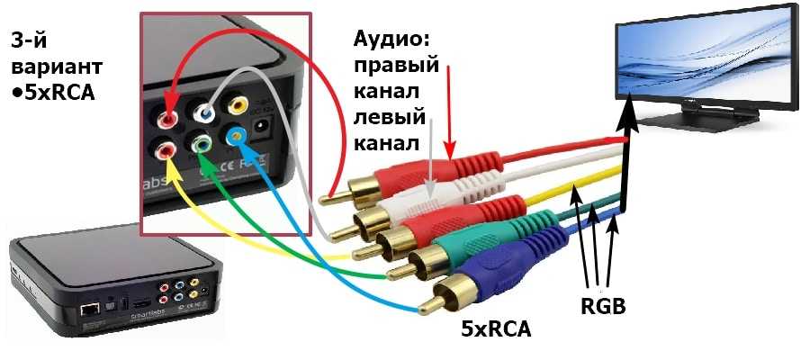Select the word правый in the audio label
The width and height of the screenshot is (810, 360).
point(396,66)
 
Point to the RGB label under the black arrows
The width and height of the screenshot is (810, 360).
point(603,307)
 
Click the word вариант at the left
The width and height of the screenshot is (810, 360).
point(57,67)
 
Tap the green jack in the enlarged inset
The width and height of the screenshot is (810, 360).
point(200,146)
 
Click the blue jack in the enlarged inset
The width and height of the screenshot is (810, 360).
point(236,138)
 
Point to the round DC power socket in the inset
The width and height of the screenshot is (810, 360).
point(261,126)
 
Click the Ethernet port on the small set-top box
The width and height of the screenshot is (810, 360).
point(88,310)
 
